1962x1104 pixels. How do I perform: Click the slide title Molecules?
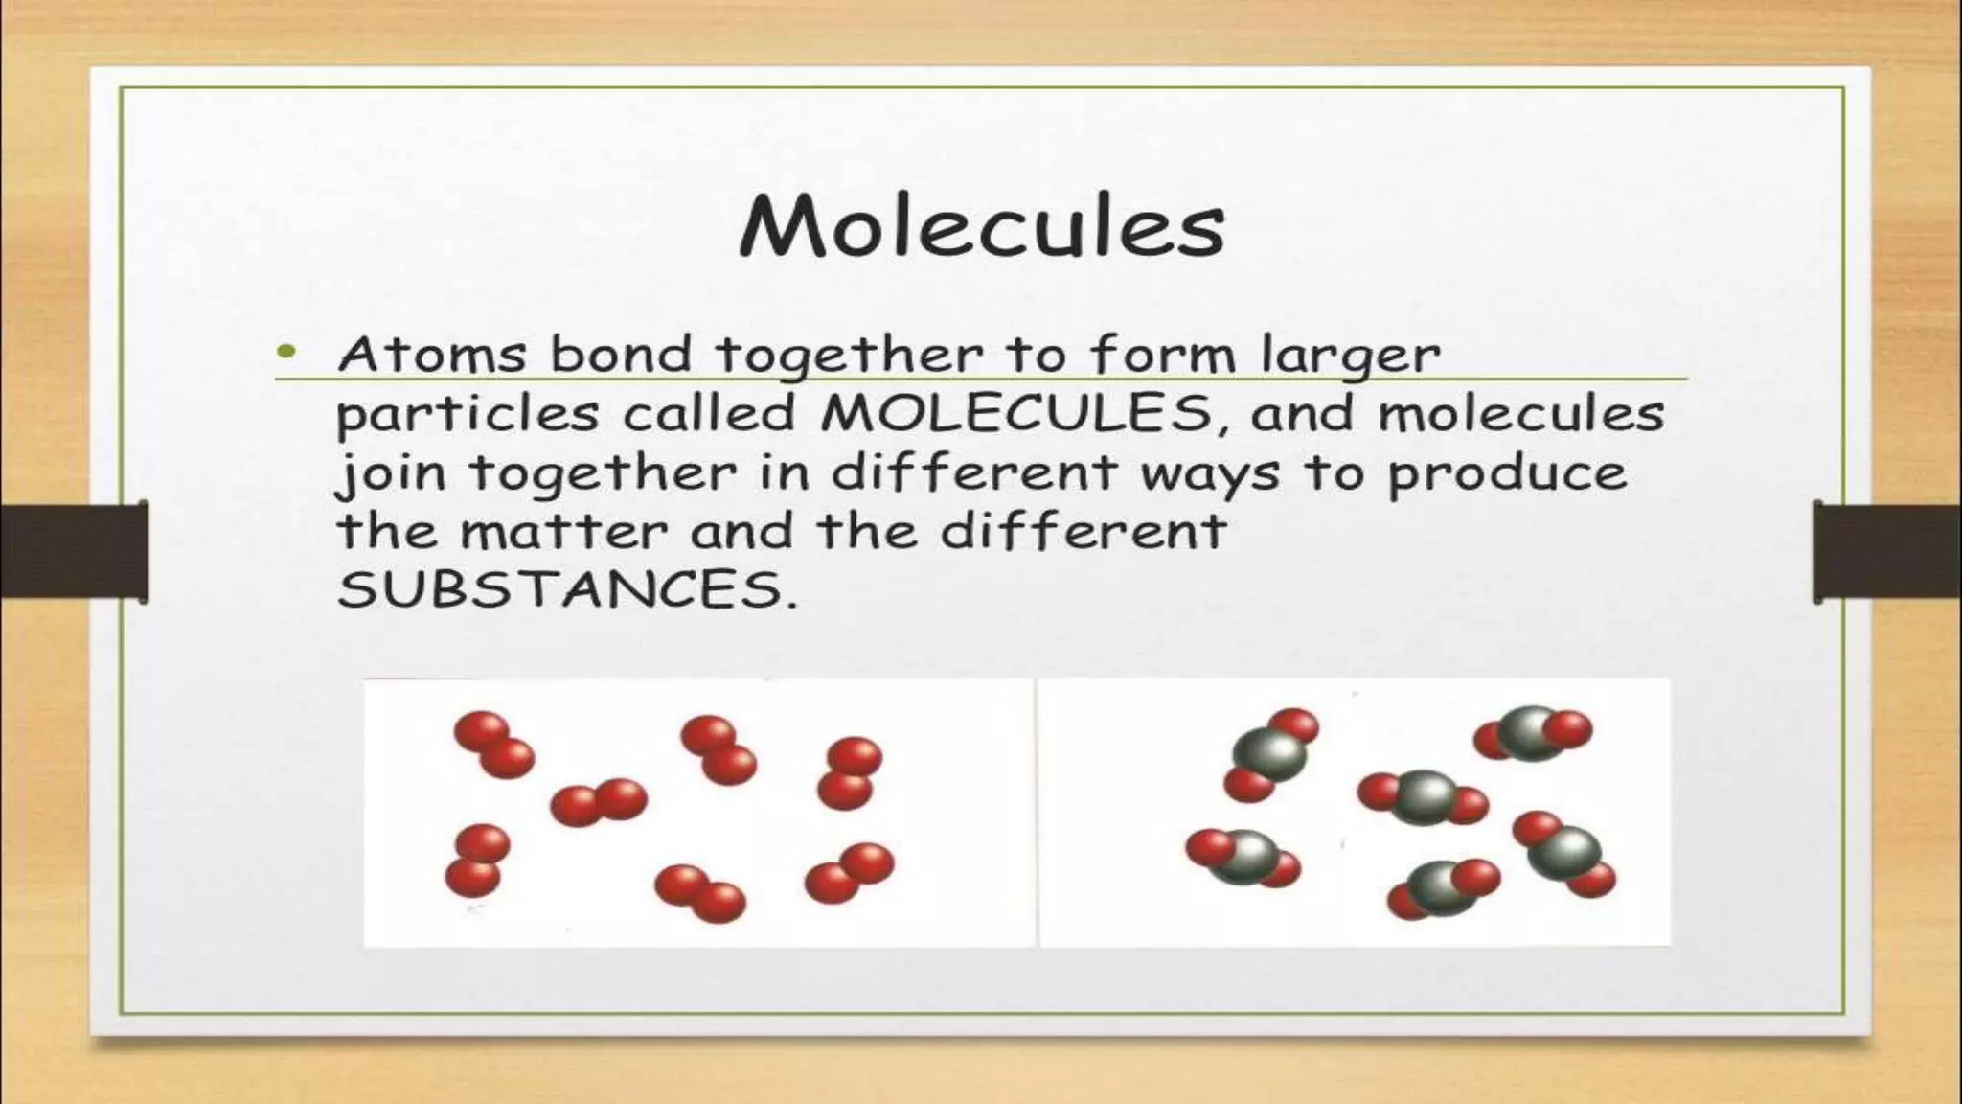click(982, 227)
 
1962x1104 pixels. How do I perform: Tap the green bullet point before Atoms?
click(285, 353)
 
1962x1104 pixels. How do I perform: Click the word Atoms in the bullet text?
click(432, 355)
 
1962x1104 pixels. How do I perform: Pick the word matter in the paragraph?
click(563, 532)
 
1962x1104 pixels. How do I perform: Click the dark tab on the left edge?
click(75, 552)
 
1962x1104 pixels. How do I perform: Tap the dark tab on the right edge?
click(1886, 551)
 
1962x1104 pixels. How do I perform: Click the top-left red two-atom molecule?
click(493, 745)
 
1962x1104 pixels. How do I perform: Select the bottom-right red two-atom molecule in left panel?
click(850, 873)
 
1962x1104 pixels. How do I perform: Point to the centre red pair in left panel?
click(599, 802)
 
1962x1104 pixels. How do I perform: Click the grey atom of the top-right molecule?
click(1531, 733)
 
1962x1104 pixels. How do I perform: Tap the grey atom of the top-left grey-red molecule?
click(1270, 753)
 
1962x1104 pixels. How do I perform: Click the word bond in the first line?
click(621, 355)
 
